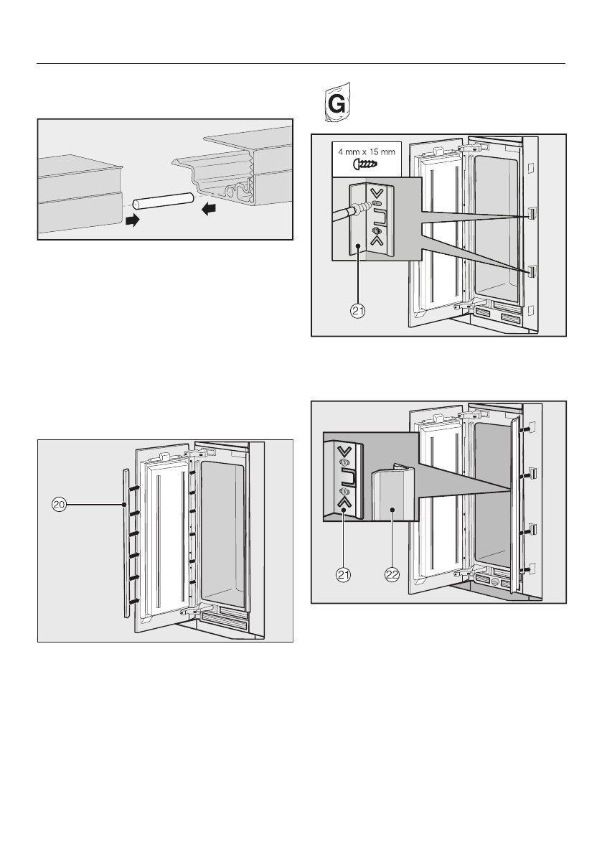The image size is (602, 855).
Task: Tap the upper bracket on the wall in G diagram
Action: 532,214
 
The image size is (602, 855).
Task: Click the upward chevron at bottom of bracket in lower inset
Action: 346,503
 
